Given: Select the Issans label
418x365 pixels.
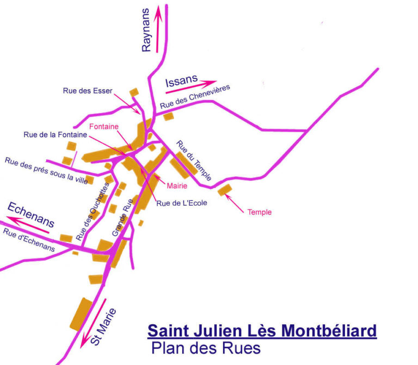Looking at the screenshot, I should tap(181, 81).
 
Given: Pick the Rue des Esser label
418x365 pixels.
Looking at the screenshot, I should tap(88, 91).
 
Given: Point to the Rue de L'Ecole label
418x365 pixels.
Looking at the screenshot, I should tap(182, 203).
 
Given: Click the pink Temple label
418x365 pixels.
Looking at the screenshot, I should tap(259, 212).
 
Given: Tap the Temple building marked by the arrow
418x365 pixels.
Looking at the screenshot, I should tap(224, 189).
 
